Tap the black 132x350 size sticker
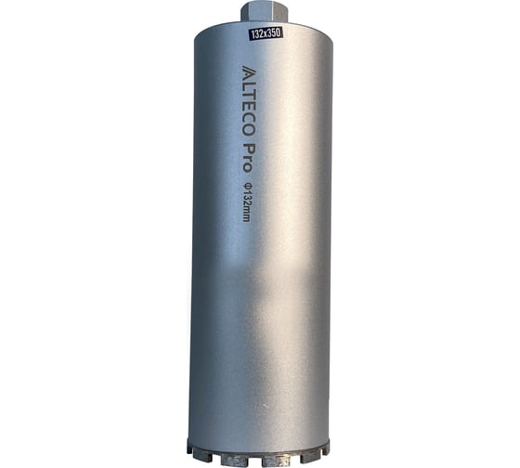[266, 33]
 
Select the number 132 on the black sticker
[257, 34]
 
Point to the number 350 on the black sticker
[275, 32]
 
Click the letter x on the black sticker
[266, 33]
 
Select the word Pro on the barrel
[247, 157]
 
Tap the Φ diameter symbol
[247, 185]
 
